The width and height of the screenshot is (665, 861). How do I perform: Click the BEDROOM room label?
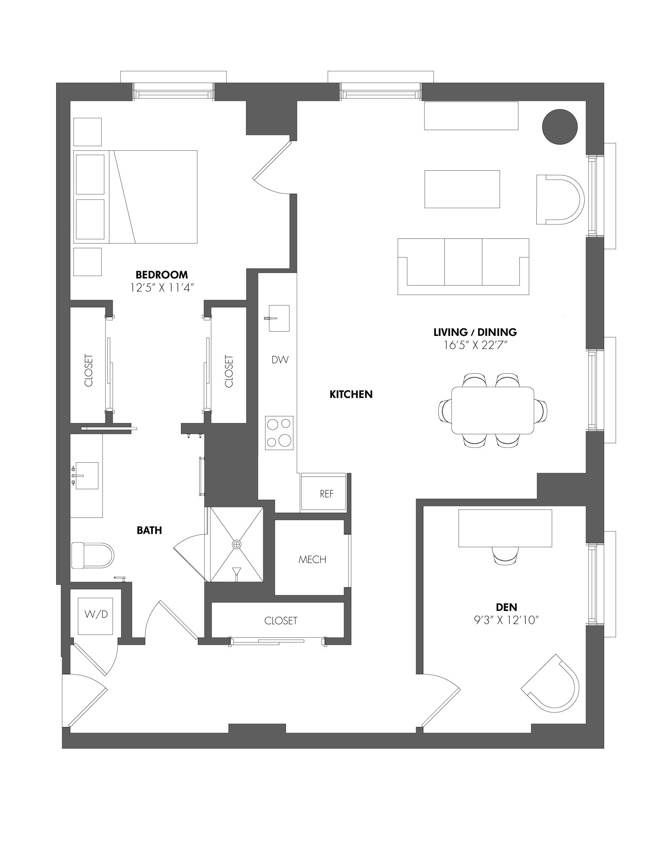tap(162, 274)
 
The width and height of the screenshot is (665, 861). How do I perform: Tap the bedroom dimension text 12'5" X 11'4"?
tap(162, 288)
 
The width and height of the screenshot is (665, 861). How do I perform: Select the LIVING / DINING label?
tap(475, 332)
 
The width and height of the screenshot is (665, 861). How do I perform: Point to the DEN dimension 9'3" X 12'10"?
tap(506, 620)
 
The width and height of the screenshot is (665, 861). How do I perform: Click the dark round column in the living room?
tap(560, 127)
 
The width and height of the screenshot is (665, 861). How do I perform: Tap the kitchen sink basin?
tap(279, 318)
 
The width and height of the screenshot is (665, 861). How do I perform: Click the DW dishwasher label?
tap(280, 359)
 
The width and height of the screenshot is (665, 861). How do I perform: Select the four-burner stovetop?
tap(279, 433)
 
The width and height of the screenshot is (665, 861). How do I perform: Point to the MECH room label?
tap(312, 560)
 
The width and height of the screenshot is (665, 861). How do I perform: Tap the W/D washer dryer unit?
tap(96, 616)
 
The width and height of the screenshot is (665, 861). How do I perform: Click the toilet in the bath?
tap(93, 556)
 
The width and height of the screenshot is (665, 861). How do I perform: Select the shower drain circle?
tap(237, 544)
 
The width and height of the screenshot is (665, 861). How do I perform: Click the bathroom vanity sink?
tap(86, 476)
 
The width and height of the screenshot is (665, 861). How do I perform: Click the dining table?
tap(493, 410)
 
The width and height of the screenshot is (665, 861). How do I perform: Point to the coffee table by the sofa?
tap(462, 189)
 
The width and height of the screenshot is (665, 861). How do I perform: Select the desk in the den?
tap(505, 528)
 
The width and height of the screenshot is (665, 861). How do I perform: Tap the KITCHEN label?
tap(351, 394)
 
